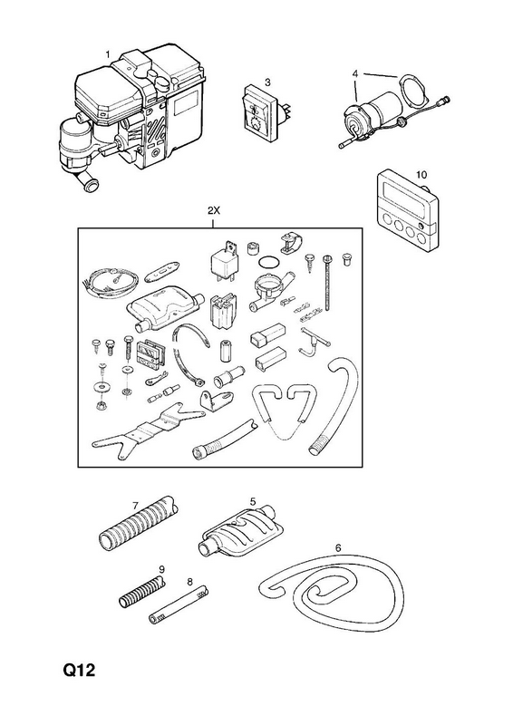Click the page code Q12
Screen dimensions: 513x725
coord(79,670)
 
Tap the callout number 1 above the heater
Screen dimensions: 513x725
coord(108,55)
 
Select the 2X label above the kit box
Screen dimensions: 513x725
coord(214,211)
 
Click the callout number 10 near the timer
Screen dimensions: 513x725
coord(421,175)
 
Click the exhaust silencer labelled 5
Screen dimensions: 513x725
coord(240,532)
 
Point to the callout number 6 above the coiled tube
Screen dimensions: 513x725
coord(338,548)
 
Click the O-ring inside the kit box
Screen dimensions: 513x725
coord(268,262)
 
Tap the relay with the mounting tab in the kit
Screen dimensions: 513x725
coord(225,261)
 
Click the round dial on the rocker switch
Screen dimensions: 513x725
coord(254,123)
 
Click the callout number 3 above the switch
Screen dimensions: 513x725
coord(267,82)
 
